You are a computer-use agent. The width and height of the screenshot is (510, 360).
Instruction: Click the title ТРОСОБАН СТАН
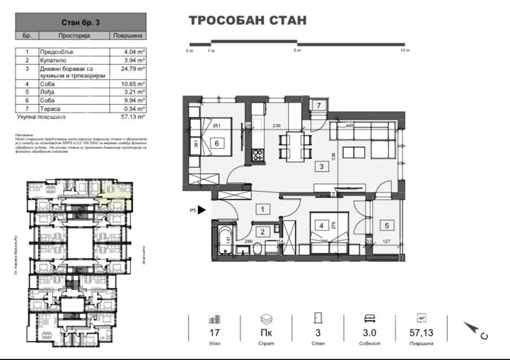[x=247, y=21]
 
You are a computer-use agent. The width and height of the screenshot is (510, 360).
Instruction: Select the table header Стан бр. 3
[x=81, y=23]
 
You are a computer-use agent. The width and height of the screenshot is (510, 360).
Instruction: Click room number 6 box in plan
[x=216, y=143]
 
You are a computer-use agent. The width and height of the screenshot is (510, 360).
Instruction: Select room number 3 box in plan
[x=321, y=166]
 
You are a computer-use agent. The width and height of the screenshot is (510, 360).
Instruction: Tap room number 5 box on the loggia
[x=386, y=226]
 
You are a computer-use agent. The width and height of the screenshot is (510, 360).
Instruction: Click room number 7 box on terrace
[x=319, y=106]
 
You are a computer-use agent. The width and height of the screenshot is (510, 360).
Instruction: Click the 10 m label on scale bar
[x=404, y=51]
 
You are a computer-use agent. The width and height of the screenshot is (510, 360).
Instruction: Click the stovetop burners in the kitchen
[x=259, y=154]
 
